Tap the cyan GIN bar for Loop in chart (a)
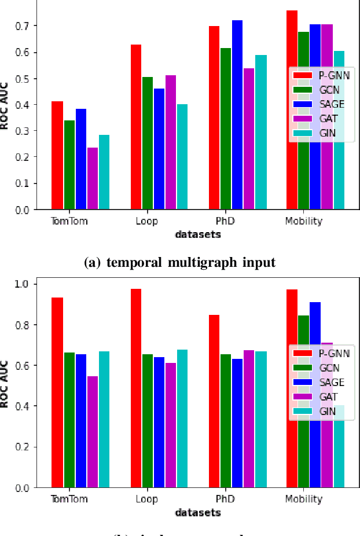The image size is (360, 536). pyautogui.click(x=182, y=157)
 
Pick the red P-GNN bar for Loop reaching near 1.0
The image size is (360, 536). pyautogui.click(x=135, y=388)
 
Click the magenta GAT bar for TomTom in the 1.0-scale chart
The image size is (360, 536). pyautogui.click(x=92, y=432)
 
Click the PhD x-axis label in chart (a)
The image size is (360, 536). pyautogui.click(x=225, y=221)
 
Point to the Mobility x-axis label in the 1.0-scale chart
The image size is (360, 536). pyautogui.click(x=303, y=499)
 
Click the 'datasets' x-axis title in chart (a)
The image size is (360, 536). pyautogui.click(x=197, y=234)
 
